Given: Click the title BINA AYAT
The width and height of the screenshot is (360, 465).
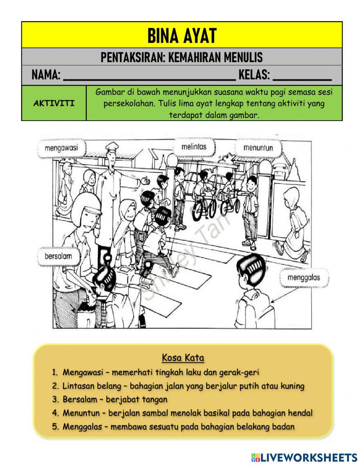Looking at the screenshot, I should pos(181,35).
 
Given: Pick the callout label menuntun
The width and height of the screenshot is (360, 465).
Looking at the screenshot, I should pos(258,148).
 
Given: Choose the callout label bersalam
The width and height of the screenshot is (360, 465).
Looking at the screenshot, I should pos(58,257).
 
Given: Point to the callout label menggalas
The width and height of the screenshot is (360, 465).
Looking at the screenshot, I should pos(303,278).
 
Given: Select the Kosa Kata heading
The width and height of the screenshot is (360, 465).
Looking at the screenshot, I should pos(183,358).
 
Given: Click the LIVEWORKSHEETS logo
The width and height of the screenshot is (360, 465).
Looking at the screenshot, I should pos(304,457).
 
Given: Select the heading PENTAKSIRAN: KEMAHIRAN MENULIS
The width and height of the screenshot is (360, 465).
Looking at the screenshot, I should pos(181,57).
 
